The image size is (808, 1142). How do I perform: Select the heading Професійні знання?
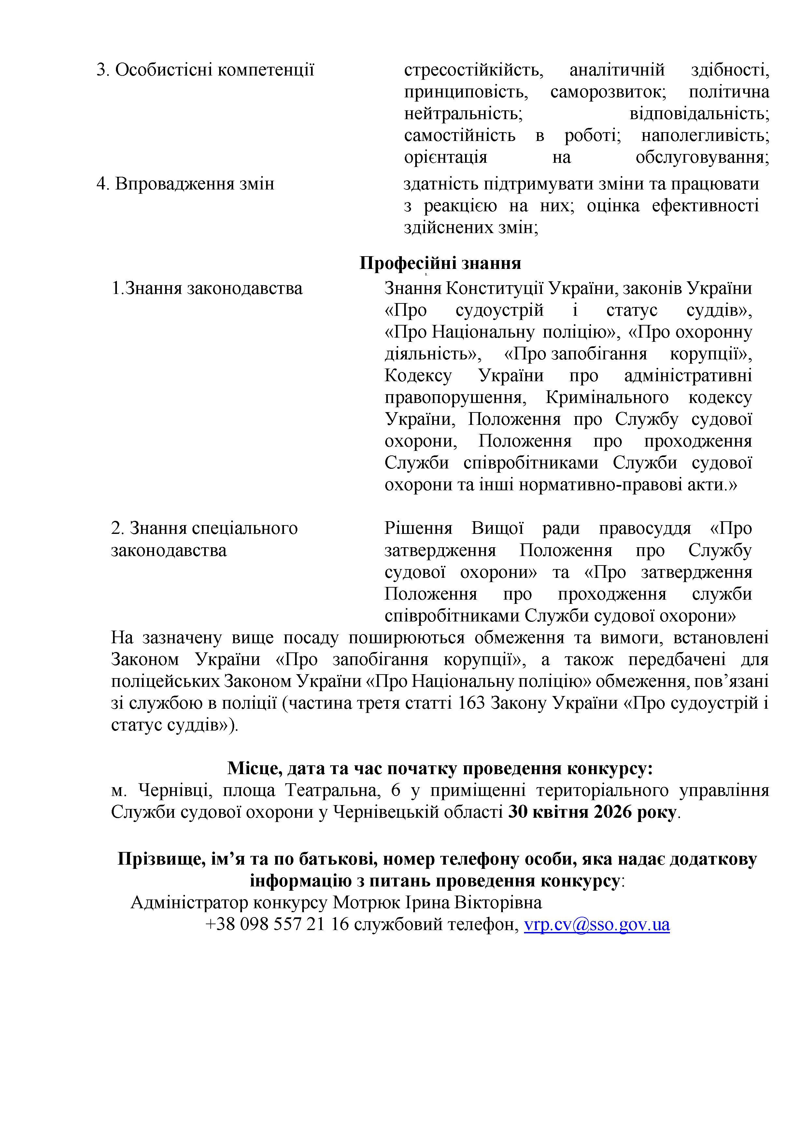click(x=440, y=263)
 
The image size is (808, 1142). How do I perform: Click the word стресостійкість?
click(x=473, y=70)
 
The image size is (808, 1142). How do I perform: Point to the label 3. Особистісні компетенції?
click(x=205, y=70)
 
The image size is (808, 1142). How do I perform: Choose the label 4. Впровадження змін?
click(x=185, y=184)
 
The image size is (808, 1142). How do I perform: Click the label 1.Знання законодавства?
click(x=207, y=288)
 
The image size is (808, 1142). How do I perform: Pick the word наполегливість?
click(x=705, y=135)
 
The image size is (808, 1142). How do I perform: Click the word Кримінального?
click(x=607, y=397)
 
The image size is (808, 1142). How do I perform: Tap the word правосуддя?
click(x=645, y=528)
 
